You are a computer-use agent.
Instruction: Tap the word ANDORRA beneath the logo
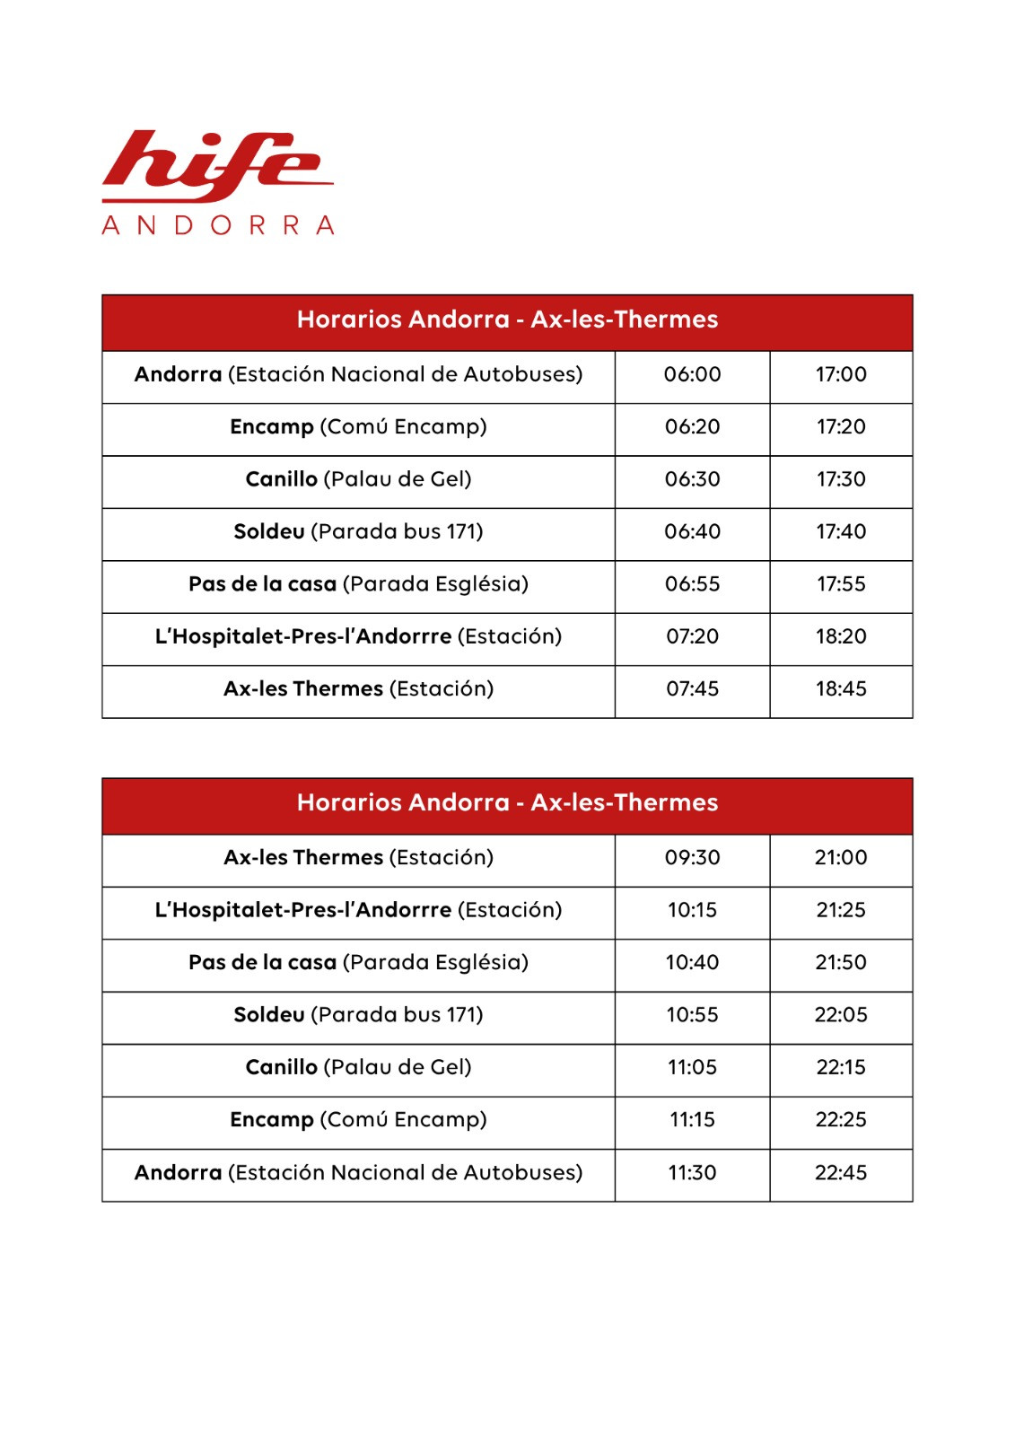pyautogui.click(x=218, y=224)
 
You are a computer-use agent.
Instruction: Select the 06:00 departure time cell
pyautogui.click(x=692, y=375)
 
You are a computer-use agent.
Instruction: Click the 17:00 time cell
pyautogui.click(x=841, y=375)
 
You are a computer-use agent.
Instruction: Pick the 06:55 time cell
pyautogui.click(x=692, y=584)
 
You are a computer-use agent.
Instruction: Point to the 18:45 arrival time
pyautogui.click(x=841, y=689)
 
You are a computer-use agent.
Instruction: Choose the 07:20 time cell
pyautogui.click(x=692, y=637)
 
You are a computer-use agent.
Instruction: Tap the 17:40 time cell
pyautogui.click(x=841, y=532)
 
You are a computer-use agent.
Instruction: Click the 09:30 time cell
pyautogui.click(x=692, y=858)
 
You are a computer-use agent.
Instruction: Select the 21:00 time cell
pyautogui.click(x=841, y=858)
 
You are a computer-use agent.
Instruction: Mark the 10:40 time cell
pyautogui.click(x=692, y=963)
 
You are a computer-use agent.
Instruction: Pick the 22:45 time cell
pyautogui.click(x=841, y=1173)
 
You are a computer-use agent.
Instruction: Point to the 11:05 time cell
pyautogui.click(x=692, y=1068)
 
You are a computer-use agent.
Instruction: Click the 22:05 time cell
pyautogui.click(x=841, y=1015)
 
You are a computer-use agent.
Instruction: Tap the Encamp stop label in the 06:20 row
pyautogui.click(x=358, y=427)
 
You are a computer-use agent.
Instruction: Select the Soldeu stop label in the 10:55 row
pyautogui.click(x=358, y=1015)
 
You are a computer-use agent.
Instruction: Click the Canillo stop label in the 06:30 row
pyautogui.click(x=358, y=479)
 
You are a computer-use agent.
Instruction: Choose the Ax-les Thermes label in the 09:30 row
pyautogui.click(x=358, y=858)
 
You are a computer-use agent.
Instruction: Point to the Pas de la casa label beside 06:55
pyautogui.click(x=358, y=584)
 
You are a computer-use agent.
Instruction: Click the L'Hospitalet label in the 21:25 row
pyautogui.click(x=358, y=910)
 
